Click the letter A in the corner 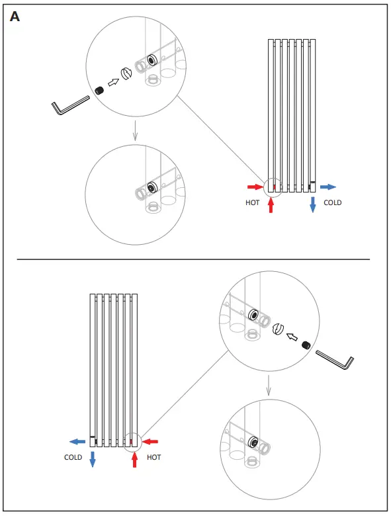tap(15, 17)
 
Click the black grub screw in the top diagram tap(101, 91)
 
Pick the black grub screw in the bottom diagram tap(306, 346)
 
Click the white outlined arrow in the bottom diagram tap(292, 337)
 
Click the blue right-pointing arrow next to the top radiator tap(329, 187)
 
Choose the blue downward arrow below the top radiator tap(312, 204)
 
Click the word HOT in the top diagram tap(252, 202)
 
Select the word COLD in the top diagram tap(332, 202)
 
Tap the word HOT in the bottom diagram tap(153, 457)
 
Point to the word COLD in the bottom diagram tap(73, 457)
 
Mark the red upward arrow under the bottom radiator tap(134, 459)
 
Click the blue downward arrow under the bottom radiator tap(93, 459)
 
